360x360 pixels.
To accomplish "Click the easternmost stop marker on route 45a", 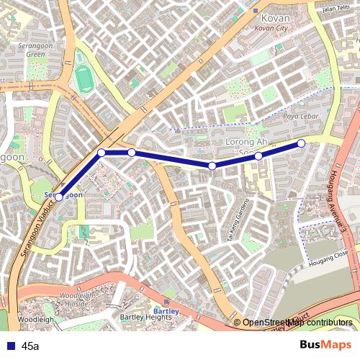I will click(301, 143).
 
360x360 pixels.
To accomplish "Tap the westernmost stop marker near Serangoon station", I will click(58, 197).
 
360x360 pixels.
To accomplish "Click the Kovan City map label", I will click(271, 27).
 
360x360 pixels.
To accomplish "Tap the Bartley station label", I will click(166, 311).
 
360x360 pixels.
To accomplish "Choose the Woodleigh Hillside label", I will click(80, 300).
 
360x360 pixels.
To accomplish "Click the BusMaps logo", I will click(325, 345).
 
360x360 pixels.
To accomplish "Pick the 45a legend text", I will click(30, 346).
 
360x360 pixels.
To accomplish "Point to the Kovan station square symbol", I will click(255, 10).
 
